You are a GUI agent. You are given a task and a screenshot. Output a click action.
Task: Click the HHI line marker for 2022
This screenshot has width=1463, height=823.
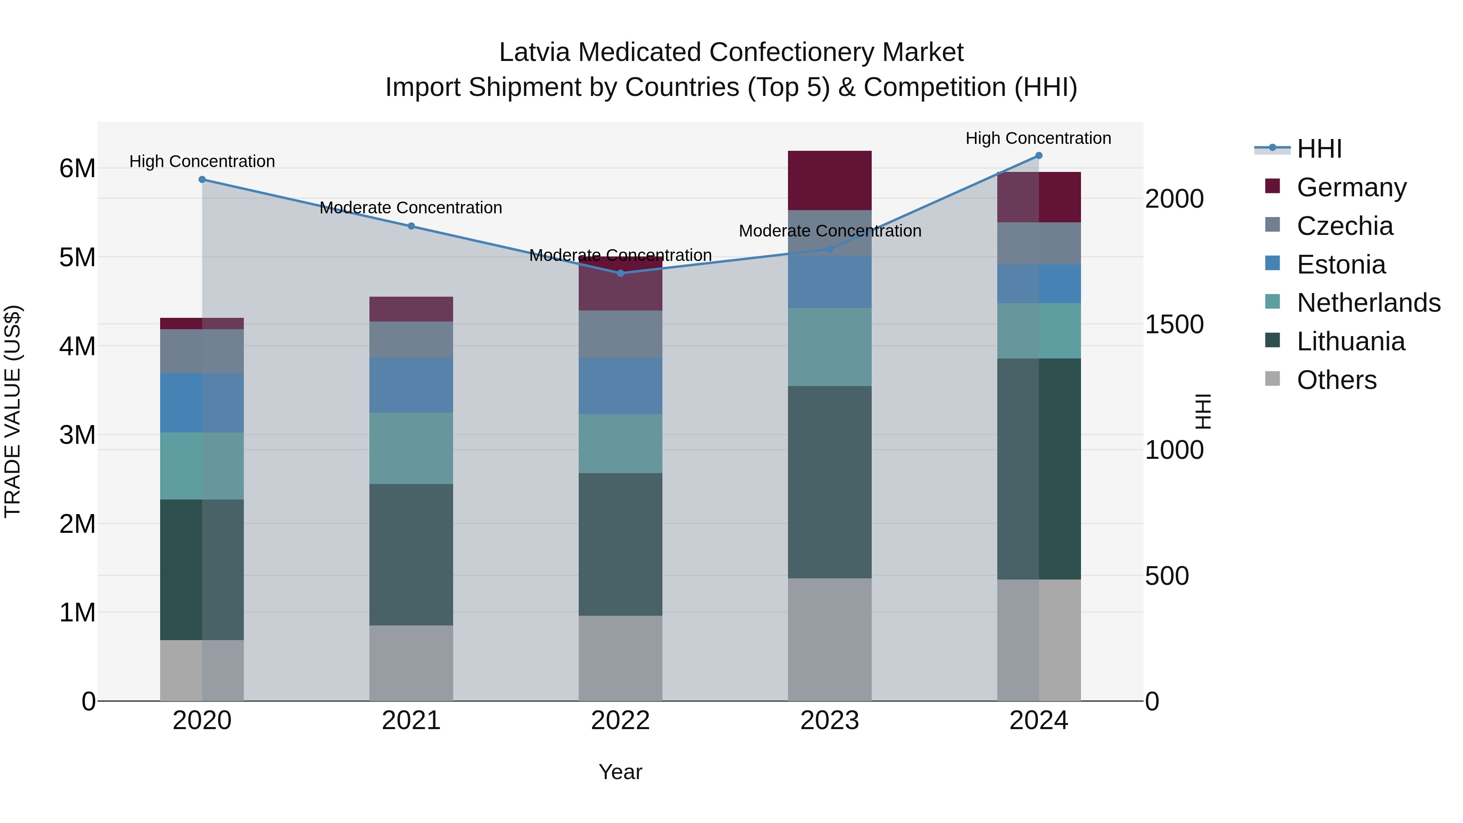pos(620,273)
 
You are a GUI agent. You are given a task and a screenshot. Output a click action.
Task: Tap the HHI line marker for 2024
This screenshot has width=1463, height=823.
pos(1039,156)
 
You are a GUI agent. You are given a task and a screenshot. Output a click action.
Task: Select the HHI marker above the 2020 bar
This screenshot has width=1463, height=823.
pos(202,180)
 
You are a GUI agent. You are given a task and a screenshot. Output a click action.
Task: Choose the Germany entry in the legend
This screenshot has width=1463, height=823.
pos(1351,187)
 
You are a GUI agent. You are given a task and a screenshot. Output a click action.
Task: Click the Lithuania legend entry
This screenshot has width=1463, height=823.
pos(1350,341)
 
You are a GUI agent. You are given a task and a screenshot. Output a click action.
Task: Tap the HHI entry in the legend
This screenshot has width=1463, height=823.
pos(1319,149)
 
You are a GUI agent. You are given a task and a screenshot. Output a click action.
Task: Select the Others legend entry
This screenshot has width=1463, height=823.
pos(1336,380)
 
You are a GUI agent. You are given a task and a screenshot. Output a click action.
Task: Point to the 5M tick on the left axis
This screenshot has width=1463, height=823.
pos(77,257)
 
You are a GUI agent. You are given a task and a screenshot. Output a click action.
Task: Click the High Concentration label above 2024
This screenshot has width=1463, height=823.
pos(1038,138)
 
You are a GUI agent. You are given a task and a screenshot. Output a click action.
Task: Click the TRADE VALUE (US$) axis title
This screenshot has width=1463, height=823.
pos(13,411)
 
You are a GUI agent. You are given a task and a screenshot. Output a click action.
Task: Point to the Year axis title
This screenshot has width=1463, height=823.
pos(620,772)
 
